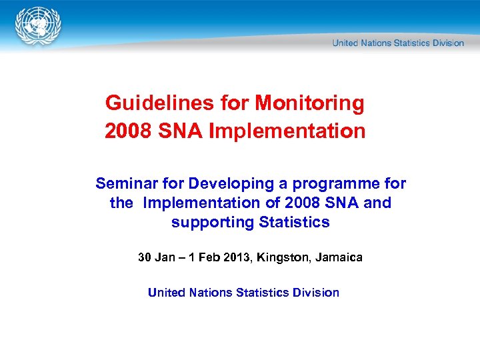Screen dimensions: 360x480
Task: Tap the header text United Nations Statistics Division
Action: pyautogui.click(x=398, y=43)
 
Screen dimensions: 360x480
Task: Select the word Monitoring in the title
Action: pyautogui.click(x=310, y=103)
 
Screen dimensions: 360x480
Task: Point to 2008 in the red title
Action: pyautogui.click(x=128, y=131)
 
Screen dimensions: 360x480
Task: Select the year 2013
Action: pyautogui.click(x=235, y=257)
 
